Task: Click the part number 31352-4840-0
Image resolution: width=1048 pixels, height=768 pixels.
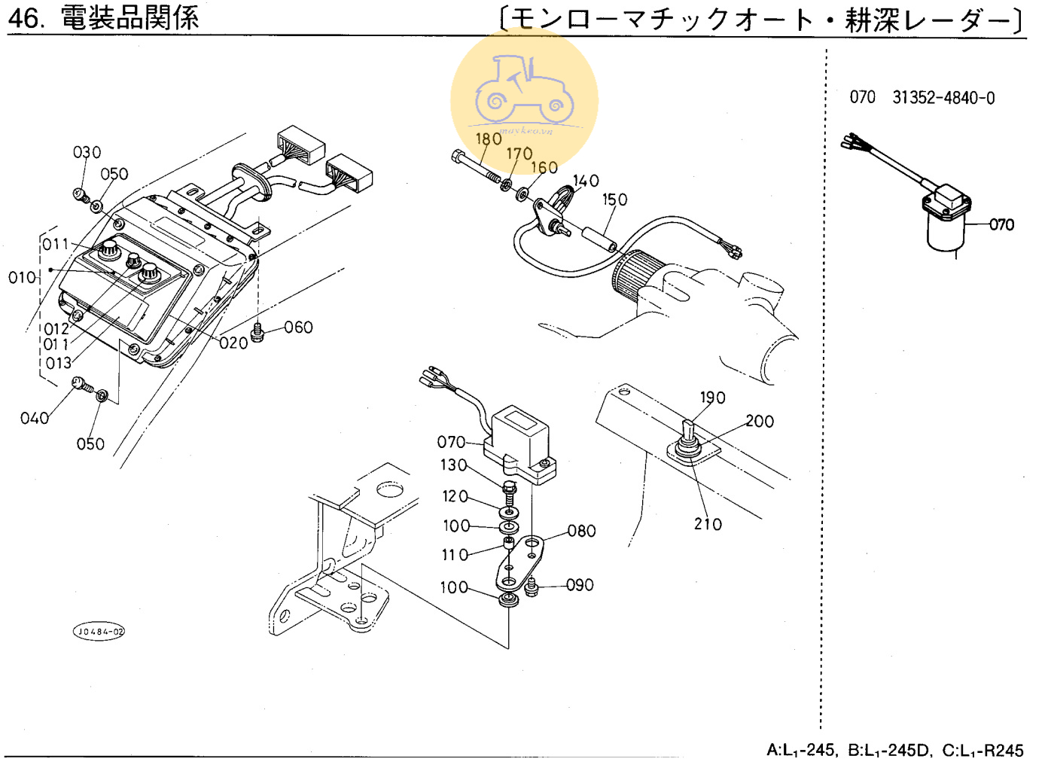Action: click(943, 98)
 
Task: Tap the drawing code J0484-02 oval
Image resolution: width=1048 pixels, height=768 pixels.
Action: click(99, 632)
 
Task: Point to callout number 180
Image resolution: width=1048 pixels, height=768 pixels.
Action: click(488, 139)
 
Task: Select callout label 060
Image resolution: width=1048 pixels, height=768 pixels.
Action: click(298, 328)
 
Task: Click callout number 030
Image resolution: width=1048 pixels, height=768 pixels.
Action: click(87, 153)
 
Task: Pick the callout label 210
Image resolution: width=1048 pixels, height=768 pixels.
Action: click(708, 524)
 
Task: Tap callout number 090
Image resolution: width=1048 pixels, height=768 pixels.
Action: click(580, 585)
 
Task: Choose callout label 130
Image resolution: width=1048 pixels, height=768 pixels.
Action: click(454, 465)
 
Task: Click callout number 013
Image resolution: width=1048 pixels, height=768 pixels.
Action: click(58, 363)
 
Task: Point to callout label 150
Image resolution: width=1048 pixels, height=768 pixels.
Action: click(614, 200)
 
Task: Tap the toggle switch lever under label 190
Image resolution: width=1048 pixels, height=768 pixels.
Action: click(687, 431)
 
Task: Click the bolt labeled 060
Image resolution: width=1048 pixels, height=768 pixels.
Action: click(257, 332)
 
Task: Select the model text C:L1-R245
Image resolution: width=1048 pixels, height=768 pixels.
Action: click(982, 751)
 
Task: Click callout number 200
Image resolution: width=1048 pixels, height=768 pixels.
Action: click(760, 422)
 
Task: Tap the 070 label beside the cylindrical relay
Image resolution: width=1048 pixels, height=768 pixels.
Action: click(1001, 224)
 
